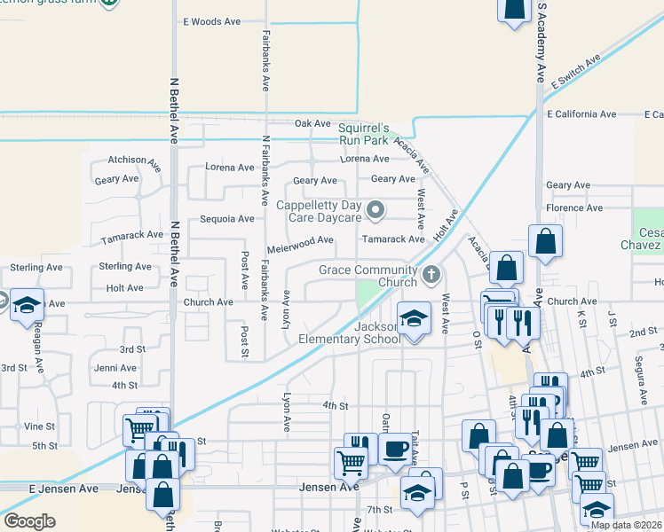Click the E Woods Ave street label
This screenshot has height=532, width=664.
211,21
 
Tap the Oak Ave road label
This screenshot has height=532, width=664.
312,124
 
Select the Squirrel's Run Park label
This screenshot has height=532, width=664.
364,134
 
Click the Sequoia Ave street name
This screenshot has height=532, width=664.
226,219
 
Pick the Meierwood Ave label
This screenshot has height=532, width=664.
300,239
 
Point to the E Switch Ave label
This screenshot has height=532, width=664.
575,71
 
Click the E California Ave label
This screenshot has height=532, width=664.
581,114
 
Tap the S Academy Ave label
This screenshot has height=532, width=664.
539,44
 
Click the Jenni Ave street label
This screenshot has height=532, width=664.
115,368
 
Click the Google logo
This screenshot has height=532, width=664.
29,521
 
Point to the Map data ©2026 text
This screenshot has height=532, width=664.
626,525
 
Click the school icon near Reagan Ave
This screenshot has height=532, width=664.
27,304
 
